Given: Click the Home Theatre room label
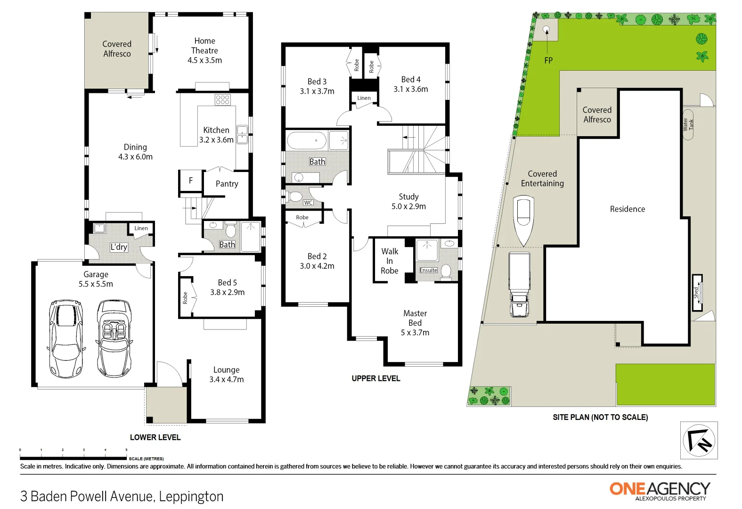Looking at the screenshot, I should (204, 50).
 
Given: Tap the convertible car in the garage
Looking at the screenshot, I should (114, 338).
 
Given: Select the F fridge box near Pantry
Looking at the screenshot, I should (190, 181).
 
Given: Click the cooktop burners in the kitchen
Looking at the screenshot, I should (222, 99).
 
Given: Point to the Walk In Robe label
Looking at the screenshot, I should (390, 261).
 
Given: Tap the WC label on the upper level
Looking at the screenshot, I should (308, 203).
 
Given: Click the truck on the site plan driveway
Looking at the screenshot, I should (519, 284).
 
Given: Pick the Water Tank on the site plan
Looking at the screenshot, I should (688, 125).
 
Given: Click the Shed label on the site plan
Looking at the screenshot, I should (696, 293).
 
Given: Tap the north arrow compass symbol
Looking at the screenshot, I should (699, 441).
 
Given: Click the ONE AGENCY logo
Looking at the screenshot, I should (660, 490).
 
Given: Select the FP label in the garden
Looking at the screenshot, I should (548, 60).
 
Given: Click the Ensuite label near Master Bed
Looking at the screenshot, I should (428, 270).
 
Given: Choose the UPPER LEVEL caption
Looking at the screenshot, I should (375, 378).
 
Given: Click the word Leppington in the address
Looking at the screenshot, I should (191, 496).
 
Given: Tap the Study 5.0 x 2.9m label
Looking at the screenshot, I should (408, 201).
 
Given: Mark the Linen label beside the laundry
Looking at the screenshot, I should (141, 228).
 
